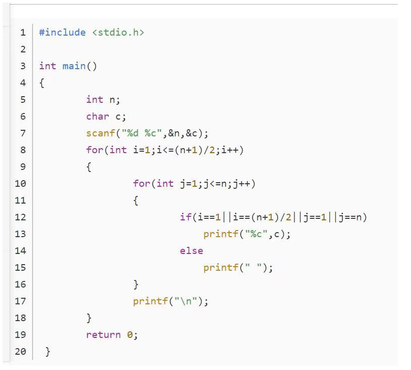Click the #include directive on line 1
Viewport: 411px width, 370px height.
click(63, 33)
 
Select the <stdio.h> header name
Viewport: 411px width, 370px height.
click(118, 33)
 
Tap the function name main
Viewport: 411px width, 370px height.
click(74, 66)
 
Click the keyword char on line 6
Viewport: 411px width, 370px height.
click(98, 116)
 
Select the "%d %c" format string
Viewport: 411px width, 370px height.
click(141, 133)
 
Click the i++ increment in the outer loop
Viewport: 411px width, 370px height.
click(229, 150)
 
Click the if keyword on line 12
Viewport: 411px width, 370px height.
click(186, 217)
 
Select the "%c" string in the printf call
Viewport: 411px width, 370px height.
click(256, 234)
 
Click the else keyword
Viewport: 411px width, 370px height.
click(192, 251)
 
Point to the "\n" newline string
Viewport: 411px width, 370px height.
click(186, 301)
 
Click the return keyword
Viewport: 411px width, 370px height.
click(104, 334)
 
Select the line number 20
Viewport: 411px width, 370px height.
click(20, 351)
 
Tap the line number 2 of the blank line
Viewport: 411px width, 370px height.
click(23, 49)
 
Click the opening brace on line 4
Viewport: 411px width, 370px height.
click(42, 83)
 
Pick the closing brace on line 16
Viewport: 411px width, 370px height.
click(136, 284)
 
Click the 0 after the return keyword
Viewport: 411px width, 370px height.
click(130, 334)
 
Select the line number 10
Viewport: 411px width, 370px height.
click(20, 184)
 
